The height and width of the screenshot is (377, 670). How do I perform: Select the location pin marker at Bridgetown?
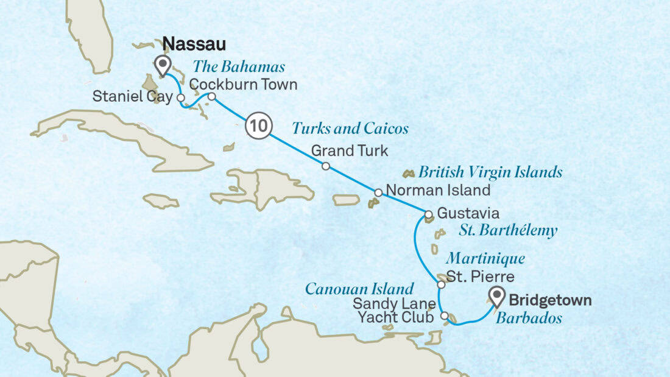pos(497,297)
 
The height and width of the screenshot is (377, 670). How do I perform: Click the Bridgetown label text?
pos(549,300)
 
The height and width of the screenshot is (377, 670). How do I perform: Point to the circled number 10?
pos(257,127)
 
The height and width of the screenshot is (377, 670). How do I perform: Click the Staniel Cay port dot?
pos(181,97)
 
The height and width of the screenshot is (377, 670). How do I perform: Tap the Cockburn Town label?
pos(243,85)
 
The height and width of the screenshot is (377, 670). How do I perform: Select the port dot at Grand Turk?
pos(326,166)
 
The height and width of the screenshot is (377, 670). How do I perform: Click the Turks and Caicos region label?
pos(350,129)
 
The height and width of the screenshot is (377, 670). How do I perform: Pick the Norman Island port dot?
pos(378,192)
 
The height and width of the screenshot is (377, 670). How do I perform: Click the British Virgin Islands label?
pos(490,172)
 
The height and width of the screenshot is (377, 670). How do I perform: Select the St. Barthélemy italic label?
pos(507,231)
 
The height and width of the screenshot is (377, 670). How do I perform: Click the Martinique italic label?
pos(485,259)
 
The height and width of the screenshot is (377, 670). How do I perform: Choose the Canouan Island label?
pos(359,288)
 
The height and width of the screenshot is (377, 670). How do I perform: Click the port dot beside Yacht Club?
pos(445,316)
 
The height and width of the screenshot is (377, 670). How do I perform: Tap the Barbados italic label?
pos(528,318)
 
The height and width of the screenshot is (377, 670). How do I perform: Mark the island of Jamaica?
pos(161,201)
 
